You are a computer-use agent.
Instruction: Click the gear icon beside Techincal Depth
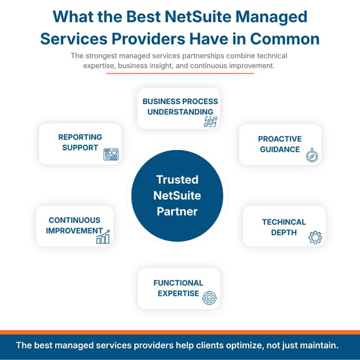pyautogui.click(x=315, y=238)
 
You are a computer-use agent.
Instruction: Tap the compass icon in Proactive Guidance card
pyautogui.click(x=312, y=155)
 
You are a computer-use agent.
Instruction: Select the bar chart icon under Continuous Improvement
pyautogui.click(x=103, y=237)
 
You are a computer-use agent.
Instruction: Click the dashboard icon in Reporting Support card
pyautogui.click(x=111, y=154)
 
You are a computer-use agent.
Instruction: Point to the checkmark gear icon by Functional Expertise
pyautogui.click(x=209, y=298)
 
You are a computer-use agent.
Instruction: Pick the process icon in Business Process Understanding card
pyautogui.click(x=211, y=122)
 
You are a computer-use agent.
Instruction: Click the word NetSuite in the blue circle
pyautogui.click(x=177, y=196)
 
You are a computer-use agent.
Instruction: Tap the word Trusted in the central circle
pyautogui.click(x=177, y=179)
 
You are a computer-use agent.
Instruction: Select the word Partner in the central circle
pyautogui.click(x=177, y=211)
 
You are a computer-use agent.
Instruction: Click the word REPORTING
pyautogui.click(x=80, y=137)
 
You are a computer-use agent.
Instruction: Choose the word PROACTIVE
pyautogui.click(x=280, y=139)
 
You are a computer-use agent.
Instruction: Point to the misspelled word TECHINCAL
pyautogui.click(x=284, y=222)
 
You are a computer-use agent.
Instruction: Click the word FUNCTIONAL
pyautogui.click(x=179, y=283)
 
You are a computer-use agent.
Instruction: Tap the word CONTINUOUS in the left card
pyautogui.click(x=75, y=220)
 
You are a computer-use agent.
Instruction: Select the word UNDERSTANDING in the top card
pyautogui.click(x=180, y=112)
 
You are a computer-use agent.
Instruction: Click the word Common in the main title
pyautogui.click(x=285, y=39)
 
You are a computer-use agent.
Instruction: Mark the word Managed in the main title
pyautogui.click(x=272, y=17)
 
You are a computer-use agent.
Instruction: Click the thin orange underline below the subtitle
pyautogui.click(x=180, y=73)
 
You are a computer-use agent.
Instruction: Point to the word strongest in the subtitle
pyautogui.click(x=101, y=56)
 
